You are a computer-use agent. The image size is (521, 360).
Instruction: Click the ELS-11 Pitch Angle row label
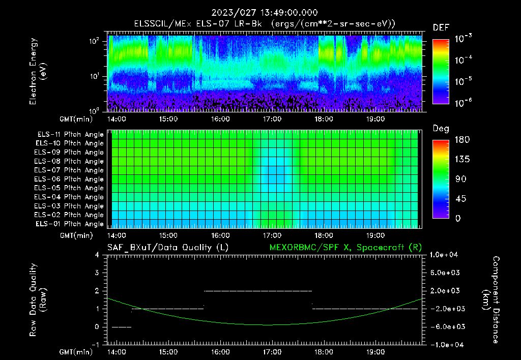click(x=70, y=134)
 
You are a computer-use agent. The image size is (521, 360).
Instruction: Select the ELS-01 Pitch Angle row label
click(x=70, y=224)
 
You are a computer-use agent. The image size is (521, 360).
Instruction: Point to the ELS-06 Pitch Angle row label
click(x=70, y=179)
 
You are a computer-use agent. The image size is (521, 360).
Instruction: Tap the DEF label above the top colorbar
click(x=441, y=27)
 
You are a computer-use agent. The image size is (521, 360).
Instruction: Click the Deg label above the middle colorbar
click(x=441, y=129)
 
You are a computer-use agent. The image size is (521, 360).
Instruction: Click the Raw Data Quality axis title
click(x=38, y=300)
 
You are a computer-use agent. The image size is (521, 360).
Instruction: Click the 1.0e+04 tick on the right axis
click(x=446, y=255)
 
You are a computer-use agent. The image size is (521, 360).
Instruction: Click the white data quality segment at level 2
click(x=257, y=291)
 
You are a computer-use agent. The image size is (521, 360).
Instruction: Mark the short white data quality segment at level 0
click(x=121, y=327)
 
